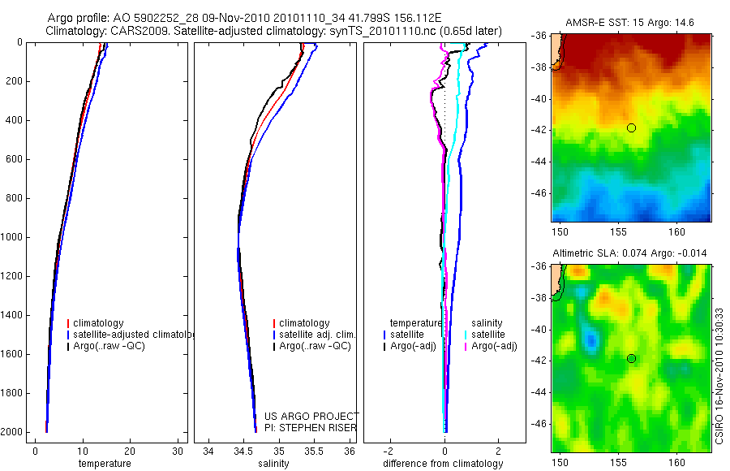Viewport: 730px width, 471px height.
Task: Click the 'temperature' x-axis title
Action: pos(105,464)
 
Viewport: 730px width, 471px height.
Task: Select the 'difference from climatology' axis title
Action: pos(443,464)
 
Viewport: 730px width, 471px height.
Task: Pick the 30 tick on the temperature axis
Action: pos(177,452)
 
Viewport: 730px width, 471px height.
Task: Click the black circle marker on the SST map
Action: pos(631,127)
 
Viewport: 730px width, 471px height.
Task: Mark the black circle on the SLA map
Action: pos(631,358)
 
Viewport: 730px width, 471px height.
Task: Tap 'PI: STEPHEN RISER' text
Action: pos(311,428)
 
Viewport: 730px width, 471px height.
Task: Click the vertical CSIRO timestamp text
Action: pos(719,374)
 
